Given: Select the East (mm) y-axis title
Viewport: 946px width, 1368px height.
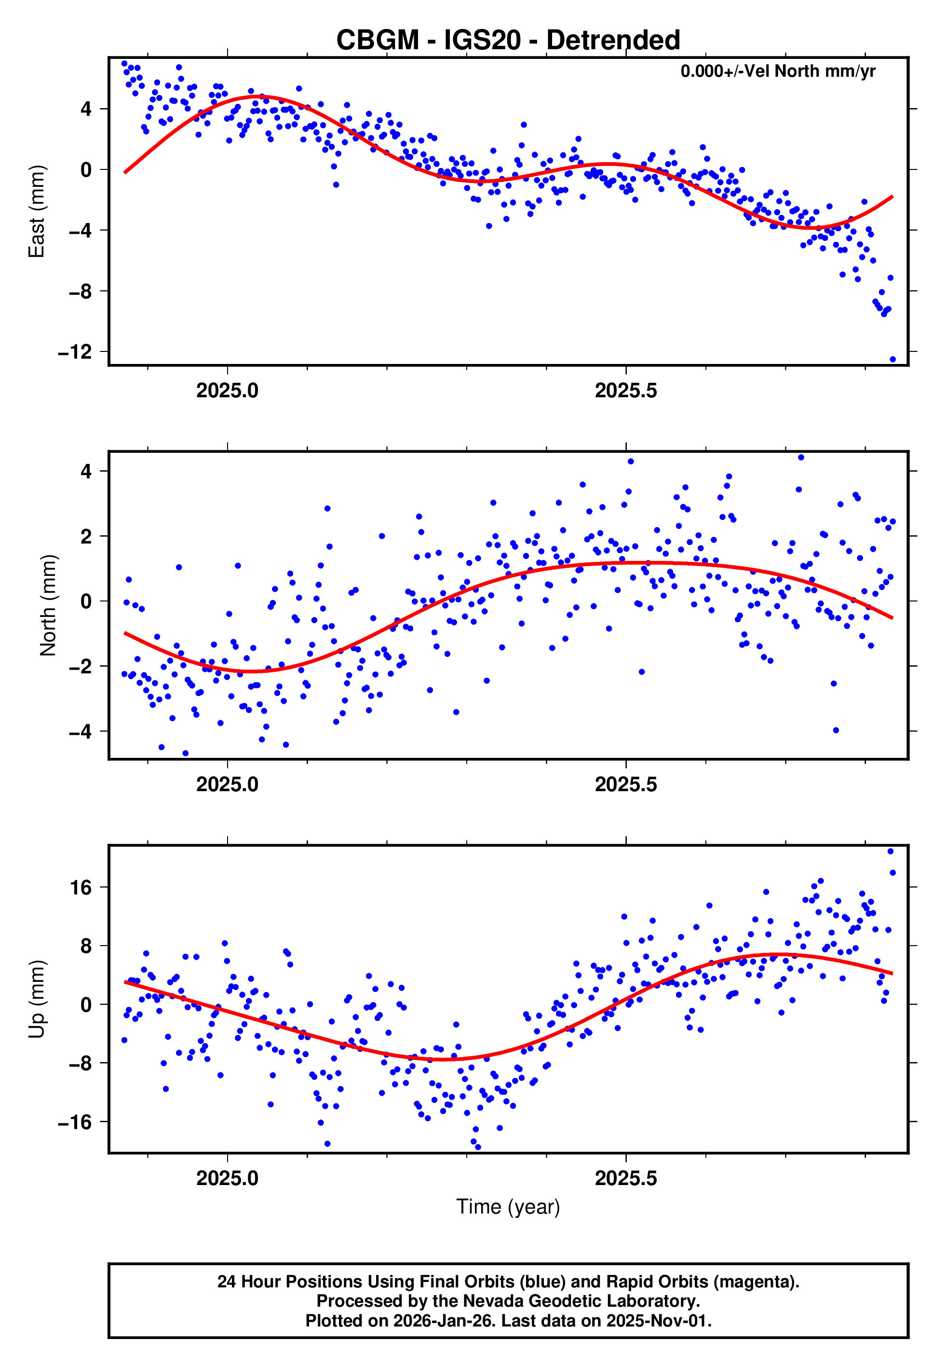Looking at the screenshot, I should pos(37,211).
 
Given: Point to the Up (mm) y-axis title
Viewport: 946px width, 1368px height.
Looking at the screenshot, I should pos(37,999).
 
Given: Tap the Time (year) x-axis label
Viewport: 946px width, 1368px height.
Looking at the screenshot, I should pos(508,1207).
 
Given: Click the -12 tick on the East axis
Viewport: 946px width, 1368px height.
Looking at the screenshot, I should pos(75,352).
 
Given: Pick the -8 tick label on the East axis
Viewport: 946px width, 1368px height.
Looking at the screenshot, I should pos(80,291).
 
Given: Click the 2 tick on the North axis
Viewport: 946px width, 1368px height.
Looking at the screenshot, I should pos(86,536).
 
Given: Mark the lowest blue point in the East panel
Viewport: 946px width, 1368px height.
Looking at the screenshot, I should pos(892,359).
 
